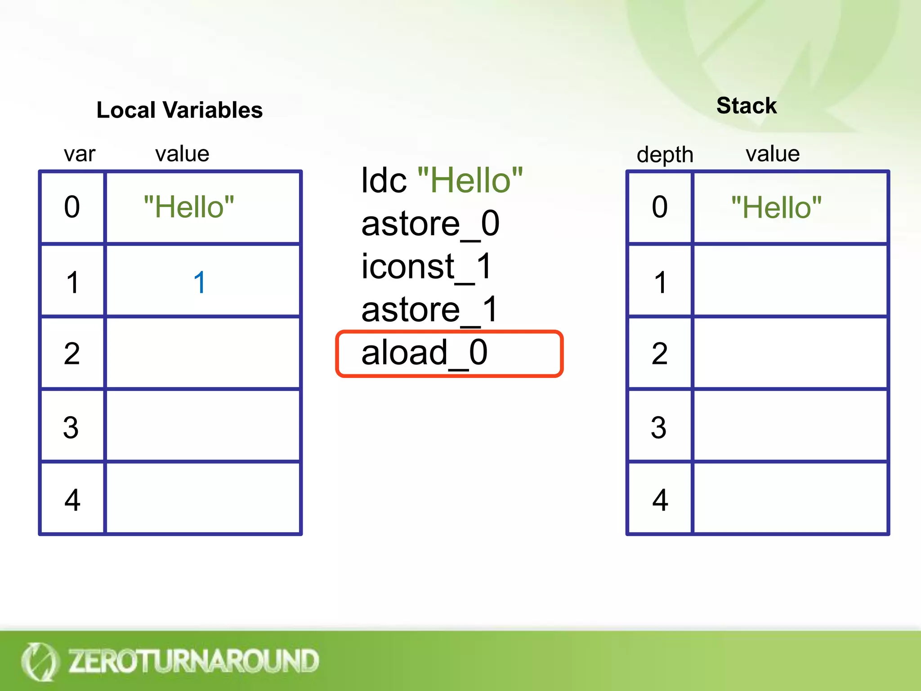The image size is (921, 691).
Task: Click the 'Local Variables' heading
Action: coord(179,110)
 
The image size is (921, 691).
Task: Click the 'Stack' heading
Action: coord(747,106)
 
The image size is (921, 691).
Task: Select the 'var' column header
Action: coord(80,154)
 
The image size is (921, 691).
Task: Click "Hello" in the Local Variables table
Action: coord(189,207)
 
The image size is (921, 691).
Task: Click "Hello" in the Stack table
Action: coord(776,208)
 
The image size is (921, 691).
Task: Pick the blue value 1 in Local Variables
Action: coord(199,283)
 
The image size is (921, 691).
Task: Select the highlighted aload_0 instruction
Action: coord(425,353)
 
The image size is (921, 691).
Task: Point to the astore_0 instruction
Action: coord(430,224)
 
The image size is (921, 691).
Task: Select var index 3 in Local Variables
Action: coord(71,427)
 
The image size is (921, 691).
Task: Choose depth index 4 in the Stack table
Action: coord(660,500)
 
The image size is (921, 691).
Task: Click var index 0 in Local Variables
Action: coord(72,207)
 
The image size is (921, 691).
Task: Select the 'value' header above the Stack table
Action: coord(772,154)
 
